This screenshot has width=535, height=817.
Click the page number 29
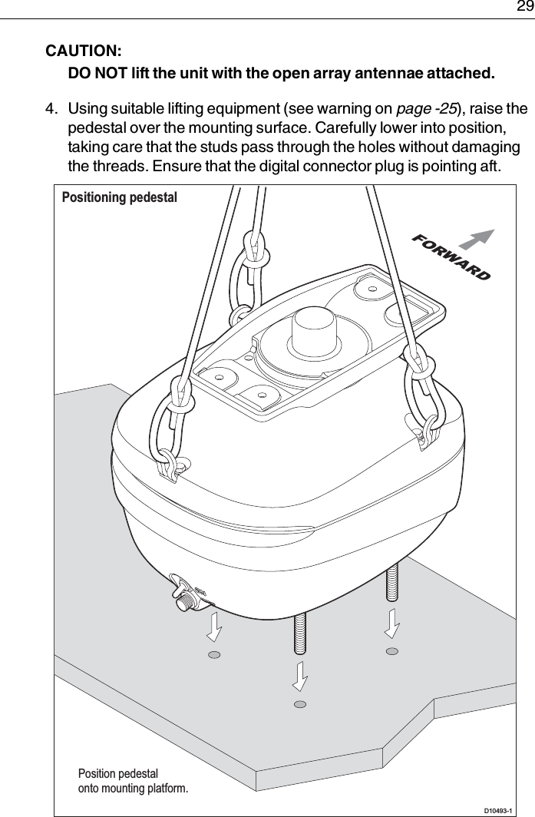tap(523, 8)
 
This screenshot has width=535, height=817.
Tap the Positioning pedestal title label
tap(119, 197)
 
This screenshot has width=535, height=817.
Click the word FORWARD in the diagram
tap(451, 256)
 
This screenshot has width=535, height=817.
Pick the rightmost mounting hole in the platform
tap(392, 651)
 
